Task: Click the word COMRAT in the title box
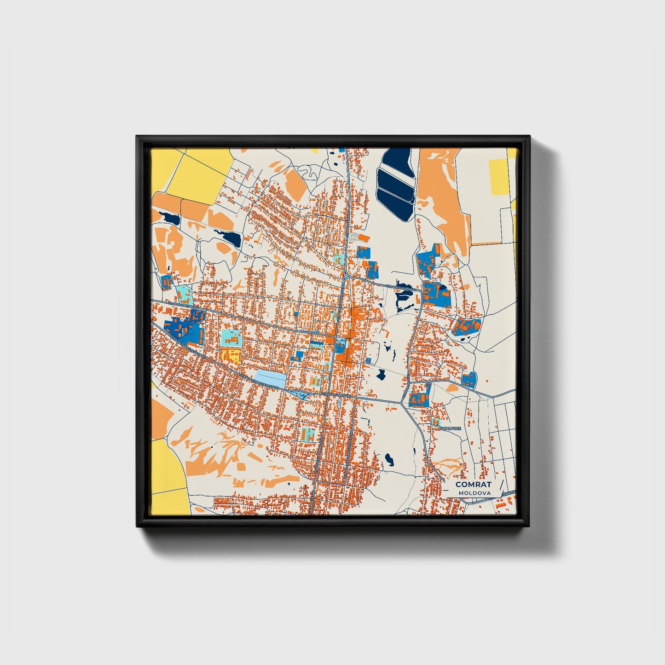[473, 484]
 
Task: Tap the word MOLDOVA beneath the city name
[474, 493]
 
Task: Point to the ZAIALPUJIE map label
[450, 428]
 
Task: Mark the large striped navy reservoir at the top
[397, 184]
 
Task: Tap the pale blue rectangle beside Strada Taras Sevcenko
[270, 378]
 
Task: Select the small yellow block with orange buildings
[230, 355]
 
